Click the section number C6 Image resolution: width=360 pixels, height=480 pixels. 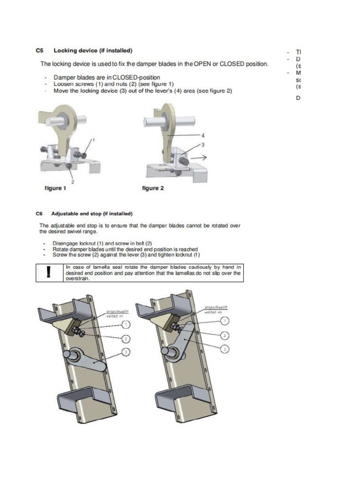tap(40, 214)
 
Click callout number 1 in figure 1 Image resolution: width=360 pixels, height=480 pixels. tap(93, 140)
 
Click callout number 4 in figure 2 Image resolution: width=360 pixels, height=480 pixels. tap(202, 135)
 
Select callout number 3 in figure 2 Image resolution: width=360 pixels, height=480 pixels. tap(202, 145)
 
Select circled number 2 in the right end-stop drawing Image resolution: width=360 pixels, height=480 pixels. tap(225, 335)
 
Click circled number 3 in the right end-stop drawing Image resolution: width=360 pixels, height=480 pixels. tap(225, 349)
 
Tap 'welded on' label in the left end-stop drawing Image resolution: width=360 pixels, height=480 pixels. tap(114, 315)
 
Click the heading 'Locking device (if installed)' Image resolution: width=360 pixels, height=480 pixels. tap(93, 50)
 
